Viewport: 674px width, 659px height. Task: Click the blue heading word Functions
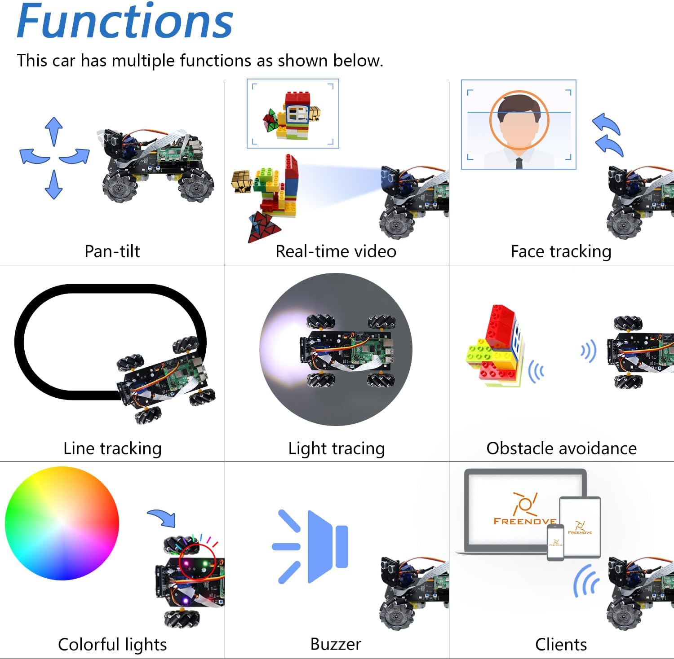click(125, 22)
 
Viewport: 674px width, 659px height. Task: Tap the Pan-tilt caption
click(112, 251)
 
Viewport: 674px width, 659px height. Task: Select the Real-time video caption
click(336, 251)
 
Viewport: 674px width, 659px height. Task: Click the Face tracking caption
click(561, 251)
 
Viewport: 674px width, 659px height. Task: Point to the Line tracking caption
click(112, 448)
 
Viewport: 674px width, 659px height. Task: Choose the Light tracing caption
click(337, 448)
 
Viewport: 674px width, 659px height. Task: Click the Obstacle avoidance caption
click(561, 448)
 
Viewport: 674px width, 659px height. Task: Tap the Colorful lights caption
click(112, 644)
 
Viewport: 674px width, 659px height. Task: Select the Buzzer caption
click(336, 644)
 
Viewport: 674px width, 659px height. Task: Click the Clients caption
click(561, 644)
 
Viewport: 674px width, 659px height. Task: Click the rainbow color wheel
click(62, 523)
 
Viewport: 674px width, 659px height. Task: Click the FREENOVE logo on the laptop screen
click(524, 510)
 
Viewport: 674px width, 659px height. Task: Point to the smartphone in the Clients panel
click(555, 542)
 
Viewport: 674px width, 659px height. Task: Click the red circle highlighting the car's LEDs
click(197, 562)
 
